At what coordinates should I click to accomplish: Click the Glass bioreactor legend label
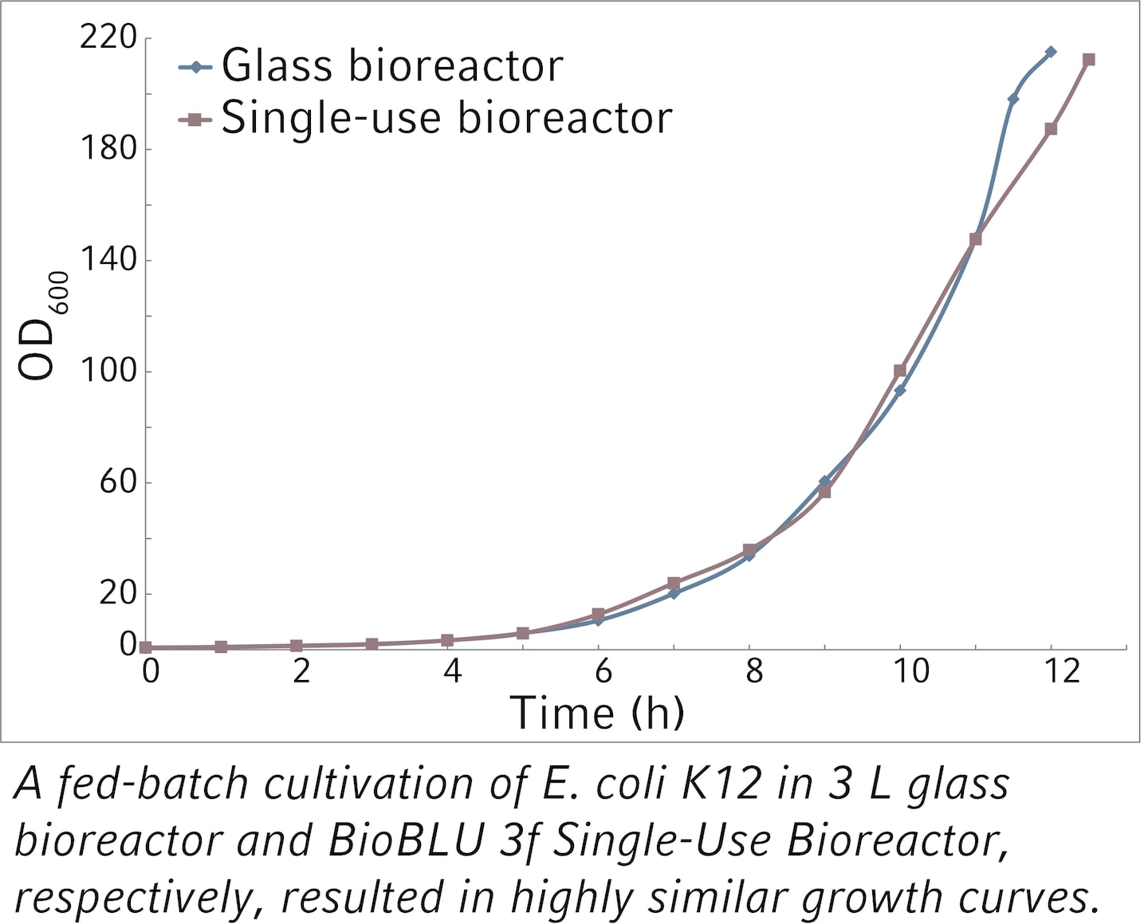[x=391, y=65]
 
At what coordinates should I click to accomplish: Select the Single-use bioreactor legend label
[x=446, y=118]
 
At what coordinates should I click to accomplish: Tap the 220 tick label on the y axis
[x=108, y=37]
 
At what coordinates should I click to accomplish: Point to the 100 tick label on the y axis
[x=108, y=371]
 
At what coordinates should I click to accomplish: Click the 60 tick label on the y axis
[x=117, y=482]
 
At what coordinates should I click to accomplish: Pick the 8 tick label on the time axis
[x=753, y=671]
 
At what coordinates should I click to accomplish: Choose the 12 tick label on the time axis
[x=1061, y=671]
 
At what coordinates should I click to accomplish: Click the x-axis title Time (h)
[x=596, y=712]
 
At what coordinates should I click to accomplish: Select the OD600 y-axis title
[x=40, y=327]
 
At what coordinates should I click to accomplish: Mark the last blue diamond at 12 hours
[x=1051, y=52]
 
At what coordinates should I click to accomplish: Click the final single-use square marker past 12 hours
[x=1088, y=60]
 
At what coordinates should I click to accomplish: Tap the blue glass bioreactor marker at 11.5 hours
[x=1013, y=99]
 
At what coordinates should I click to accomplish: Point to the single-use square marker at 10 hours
[x=900, y=371]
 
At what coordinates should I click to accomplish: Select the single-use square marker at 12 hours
[x=1051, y=128]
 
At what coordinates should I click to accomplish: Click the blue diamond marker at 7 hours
[x=674, y=593]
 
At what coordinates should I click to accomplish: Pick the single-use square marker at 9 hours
[x=825, y=492]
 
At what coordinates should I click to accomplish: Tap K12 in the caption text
[x=722, y=784]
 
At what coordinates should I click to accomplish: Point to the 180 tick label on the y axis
[x=108, y=149]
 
